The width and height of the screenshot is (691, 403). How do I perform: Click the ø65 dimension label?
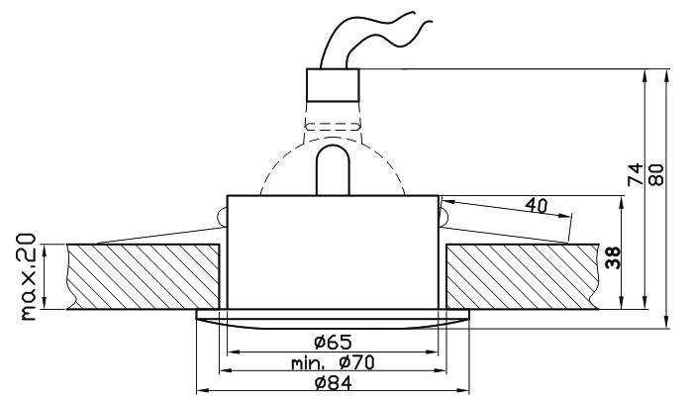[333, 342]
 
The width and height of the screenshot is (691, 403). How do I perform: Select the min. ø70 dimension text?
[333, 362]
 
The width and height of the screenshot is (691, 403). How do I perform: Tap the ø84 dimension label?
[334, 383]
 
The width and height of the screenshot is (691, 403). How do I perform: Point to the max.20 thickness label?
[29, 276]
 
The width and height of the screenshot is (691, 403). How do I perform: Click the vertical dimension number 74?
[635, 174]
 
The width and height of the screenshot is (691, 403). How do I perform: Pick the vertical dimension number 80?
[656, 174]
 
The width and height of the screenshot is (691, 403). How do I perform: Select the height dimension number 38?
[613, 257]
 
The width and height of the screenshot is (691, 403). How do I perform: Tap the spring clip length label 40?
[537, 205]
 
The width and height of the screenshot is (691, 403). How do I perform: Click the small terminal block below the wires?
[334, 85]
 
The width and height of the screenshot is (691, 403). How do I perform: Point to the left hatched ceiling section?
[144, 276]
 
